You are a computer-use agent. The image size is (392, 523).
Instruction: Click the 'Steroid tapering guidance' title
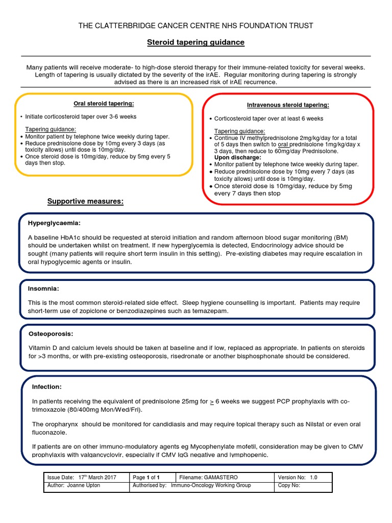pyautogui.click(x=196, y=42)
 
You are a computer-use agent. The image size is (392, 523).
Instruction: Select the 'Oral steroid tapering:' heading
pyautogui.click(x=104, y=104)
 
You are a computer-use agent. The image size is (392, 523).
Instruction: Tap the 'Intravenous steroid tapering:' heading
pyautogui.click(x=288, y=105)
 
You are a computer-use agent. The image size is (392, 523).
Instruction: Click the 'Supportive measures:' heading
pyautogui.click(x=85, y=201)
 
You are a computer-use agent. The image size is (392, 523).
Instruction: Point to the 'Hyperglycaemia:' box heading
pyautogui.click(x=54, y=223)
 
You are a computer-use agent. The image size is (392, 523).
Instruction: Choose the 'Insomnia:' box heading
pyautogui.click(x=43, y=289)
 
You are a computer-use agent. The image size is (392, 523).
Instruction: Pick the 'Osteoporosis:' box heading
pyautogui.click(x=51, y=334)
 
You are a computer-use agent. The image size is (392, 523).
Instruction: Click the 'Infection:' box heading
pyautogui.click(x=46, y=387)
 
